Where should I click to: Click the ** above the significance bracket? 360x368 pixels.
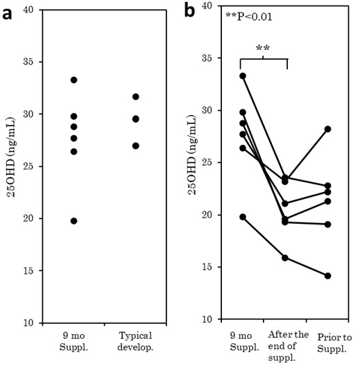(263, 49)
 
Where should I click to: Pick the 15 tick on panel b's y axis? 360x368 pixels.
(206, 267)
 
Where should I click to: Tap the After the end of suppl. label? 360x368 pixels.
(286, 346)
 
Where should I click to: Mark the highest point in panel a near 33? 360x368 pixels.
(74, 80)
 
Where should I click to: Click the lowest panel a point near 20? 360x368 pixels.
(74, 220)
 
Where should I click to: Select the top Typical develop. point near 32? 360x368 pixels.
(136, 96)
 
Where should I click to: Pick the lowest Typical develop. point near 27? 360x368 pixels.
(136, 146)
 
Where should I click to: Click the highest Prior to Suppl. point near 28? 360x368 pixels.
(328, 129)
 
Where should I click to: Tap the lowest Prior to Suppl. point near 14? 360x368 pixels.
(328, 276)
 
